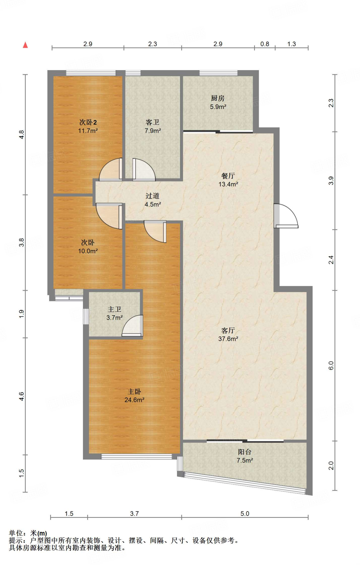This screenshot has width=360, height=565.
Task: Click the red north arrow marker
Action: point(25,45)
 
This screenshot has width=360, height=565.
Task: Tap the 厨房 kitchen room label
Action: point(218,98)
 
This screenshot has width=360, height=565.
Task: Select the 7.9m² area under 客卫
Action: point(153,131)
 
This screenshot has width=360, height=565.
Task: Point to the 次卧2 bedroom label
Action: point(88,122)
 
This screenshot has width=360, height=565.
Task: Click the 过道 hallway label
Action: point(152,196)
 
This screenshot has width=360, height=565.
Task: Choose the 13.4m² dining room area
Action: point(228,184)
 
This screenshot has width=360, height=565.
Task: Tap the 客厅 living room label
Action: point(228,331)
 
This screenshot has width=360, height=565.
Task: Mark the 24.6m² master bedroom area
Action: point(134,400)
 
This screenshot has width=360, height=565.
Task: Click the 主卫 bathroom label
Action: point(114,310)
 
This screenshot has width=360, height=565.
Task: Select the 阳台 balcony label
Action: point(245,452)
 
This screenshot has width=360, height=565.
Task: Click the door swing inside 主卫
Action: point(132,326)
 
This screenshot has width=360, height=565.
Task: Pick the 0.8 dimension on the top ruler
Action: point(265,44)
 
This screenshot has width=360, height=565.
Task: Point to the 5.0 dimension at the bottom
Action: point(245,514)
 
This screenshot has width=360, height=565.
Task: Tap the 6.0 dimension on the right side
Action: point(331,366)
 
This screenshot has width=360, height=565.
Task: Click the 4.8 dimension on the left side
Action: point(22,135)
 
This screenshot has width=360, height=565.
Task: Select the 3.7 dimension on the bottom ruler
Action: point(134,514)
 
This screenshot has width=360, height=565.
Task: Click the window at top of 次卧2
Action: point(91,73)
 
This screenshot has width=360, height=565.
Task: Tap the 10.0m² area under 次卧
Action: point(88,251)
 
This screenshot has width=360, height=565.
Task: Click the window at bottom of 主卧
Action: point(137,457)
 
